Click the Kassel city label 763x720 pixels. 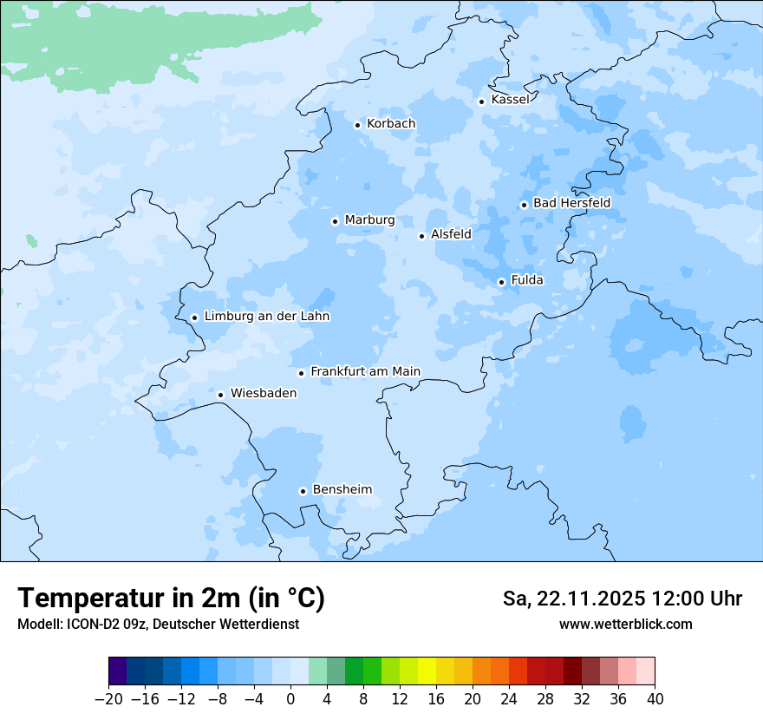click(x=510, y=100)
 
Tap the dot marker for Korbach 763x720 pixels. click(x=357, y=125)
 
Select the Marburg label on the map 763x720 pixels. click(x=369, y=220)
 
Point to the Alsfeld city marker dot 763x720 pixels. click(x=421, y=236)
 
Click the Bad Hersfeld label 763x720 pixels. click(x=571, y=203)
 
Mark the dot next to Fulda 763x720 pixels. click(x=501, y=282)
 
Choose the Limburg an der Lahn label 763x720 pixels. click(x=266, y=317)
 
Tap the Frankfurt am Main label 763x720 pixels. click(x=365, y=372)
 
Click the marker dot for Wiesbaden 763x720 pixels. click(x=221, y=395)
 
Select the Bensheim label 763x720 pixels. click(x=342, y=490)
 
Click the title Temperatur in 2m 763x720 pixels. click(x=171, y=599)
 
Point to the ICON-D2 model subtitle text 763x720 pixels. click(x=158, y=625)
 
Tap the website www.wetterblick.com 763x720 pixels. click(x=625, y=625)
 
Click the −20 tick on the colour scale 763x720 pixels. click(x=108, y=699)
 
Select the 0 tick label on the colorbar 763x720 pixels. click(x=290, y=699)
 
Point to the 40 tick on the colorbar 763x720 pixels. click(x=655, y=699)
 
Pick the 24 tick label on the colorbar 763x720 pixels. click(x=509, y=699)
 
